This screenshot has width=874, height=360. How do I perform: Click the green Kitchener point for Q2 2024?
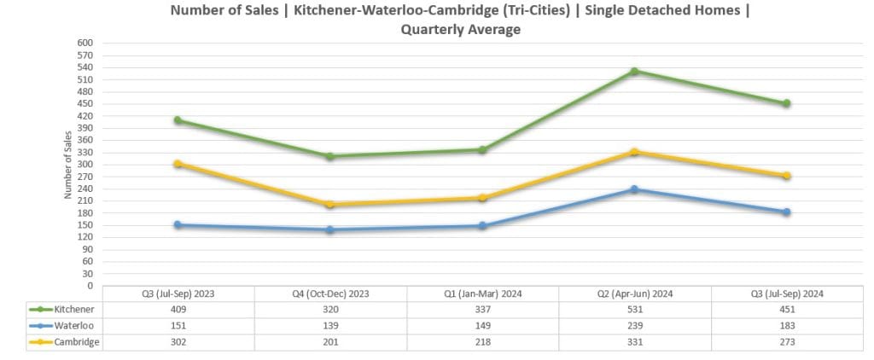pos(634,71)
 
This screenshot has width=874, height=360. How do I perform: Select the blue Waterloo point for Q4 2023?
pos(329,229)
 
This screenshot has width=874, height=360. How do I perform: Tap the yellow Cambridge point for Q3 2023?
pos(178,164)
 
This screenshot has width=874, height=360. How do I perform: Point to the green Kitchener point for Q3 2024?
pos(786,103)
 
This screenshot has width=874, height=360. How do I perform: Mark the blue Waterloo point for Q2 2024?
pos(634,189)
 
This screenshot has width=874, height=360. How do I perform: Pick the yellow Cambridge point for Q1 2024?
pos(482,198)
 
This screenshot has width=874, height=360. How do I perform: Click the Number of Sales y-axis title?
pos(67,165)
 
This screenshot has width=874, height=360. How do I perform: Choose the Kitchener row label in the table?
pos(73,309)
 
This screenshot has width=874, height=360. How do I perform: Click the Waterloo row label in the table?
pos(73,325)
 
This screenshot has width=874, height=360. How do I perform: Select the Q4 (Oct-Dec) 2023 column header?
pos(330,293)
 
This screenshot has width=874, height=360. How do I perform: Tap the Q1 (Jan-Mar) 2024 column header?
pos(482,293)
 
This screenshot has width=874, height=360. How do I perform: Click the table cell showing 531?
pos(634,309)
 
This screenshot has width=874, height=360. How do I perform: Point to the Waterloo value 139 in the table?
pos(330,325)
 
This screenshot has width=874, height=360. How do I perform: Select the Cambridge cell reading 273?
pos(786,341)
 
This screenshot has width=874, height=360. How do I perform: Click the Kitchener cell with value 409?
pos(178,309)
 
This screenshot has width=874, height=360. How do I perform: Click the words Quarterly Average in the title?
pos(460,29)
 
